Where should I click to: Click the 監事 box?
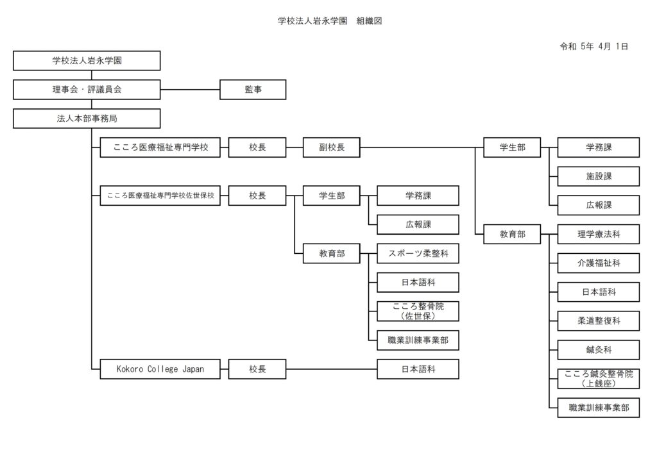[253, 90]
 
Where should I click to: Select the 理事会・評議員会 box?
[87, 90]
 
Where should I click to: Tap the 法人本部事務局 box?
[87, 119]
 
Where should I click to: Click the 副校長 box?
[331, 147]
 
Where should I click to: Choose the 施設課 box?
[598, 176]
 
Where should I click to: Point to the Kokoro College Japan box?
[160, 369]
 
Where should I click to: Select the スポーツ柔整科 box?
[418, 254]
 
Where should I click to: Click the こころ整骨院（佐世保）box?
[418, 312]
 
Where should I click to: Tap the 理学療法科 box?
[598, 235]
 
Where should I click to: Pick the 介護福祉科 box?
[598, 263]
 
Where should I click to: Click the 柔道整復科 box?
[598, 320]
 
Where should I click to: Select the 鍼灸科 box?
[598, 350]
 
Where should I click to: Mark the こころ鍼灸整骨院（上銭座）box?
[598, 379]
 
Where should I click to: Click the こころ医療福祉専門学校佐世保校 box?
[160, 195]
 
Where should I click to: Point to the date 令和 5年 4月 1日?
[593, 46]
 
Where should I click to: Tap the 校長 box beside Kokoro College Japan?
[257, 369]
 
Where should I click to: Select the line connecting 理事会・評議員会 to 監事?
[190, 90]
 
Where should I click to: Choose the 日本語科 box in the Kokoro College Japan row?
[418, 369]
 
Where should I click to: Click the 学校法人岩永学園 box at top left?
[87, 61]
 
